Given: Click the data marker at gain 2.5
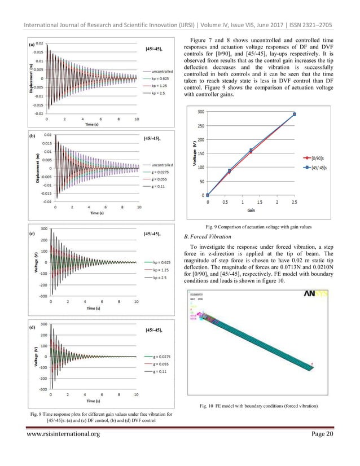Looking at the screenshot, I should tap(294, 115).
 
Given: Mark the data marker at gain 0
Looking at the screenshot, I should tap(208, 195).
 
